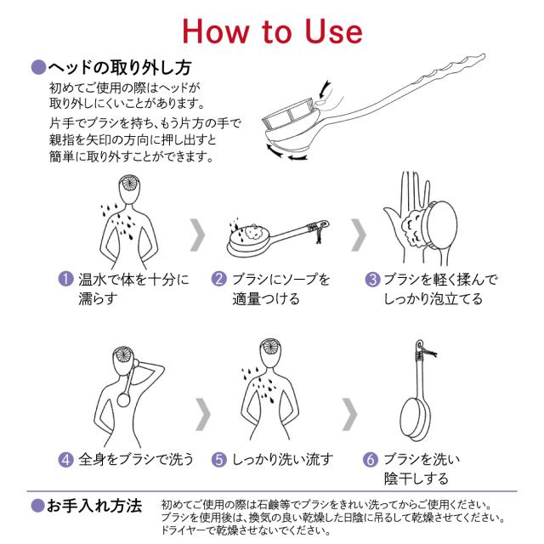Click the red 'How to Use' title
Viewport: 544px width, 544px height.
point(272,31)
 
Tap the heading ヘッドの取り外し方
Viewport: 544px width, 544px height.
point(120,67)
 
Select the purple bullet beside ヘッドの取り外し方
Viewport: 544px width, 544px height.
point(38,67)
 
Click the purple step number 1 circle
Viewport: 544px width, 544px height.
point(65,279)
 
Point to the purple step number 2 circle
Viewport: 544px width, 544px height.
point(219,279)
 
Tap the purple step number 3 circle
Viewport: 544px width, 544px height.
point(372,280)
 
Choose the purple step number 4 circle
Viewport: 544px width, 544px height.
point(65,460)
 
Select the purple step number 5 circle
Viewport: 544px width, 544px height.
point(219,460)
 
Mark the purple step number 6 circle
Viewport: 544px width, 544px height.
point(371,460)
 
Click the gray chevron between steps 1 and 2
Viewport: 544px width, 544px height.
point(198,235)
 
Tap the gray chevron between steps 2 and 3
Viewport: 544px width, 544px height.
point(359,235)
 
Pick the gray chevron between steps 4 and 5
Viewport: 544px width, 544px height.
point(203,414)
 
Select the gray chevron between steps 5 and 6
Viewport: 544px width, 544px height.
point(350,414)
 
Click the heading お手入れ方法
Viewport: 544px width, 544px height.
point(94,506)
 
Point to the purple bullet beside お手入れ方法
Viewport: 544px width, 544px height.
point(37,506)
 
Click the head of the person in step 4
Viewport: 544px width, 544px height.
point(123,360)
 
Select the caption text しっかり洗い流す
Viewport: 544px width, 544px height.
point(282,460)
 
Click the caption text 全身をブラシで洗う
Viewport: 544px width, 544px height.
point(136,460)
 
